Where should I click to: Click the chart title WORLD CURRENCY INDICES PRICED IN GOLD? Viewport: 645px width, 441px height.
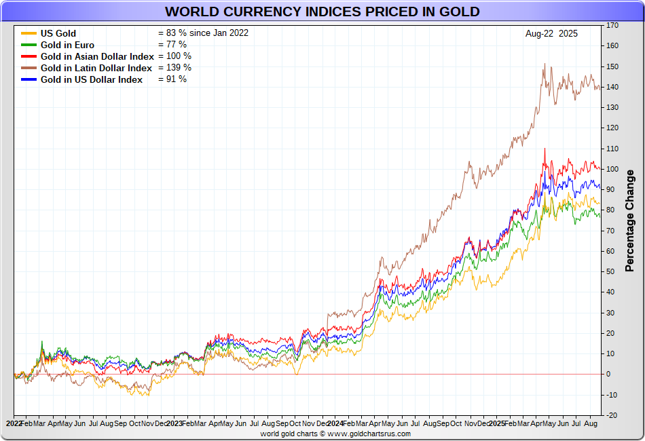point(322,12)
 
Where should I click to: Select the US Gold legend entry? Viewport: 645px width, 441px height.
point(58,33)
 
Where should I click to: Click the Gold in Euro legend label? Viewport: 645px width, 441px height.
point(67,45)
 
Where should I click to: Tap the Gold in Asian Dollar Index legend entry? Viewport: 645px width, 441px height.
point(97,56)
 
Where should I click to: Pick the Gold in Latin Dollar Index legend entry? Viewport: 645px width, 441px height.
point(96,68)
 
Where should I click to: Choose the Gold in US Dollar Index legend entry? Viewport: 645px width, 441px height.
point(92,79)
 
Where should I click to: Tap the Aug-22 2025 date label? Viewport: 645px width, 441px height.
point(551,33)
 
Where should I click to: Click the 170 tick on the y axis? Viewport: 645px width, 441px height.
point(612,25)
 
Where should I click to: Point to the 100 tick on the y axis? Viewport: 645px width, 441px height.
point(612,169)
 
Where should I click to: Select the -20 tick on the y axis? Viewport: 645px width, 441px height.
point(612,415)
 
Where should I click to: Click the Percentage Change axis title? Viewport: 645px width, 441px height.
point(630,220)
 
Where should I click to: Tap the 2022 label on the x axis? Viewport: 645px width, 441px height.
point(14,423)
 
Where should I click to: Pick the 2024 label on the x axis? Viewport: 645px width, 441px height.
point(335,423)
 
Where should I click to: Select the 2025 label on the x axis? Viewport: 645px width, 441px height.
point(496,423)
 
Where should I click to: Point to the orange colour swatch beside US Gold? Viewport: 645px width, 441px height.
point(29,33)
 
